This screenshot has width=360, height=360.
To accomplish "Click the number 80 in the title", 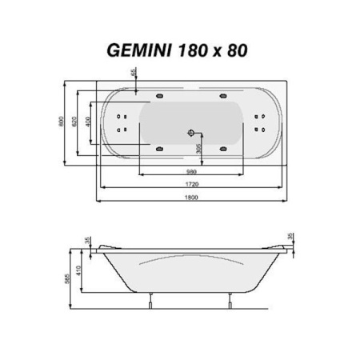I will point(235,49).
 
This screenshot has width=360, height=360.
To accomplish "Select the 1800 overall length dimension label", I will point(191,196).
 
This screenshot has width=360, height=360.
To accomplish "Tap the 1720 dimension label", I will point(191,184).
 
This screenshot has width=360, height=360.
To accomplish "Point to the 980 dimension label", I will point(191,171).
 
